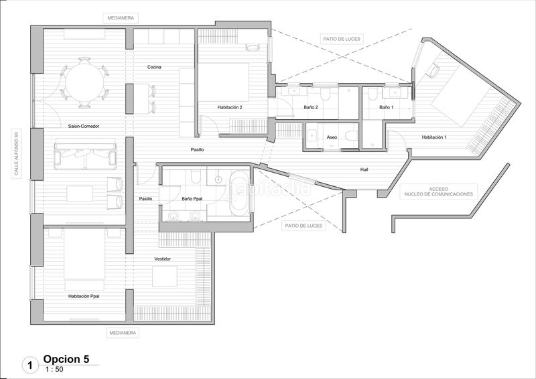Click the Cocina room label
pyautogui.click(x=154, y=67)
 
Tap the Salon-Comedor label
pyautogui.click(x=84, y=125)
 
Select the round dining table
pyautogui.click(x=84, y=83)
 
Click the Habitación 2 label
pyautogui.click(x=229, y=107)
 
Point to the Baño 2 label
pyautogui.click(x=312, y=107)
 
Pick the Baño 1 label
pyautogui.click(x=387, y=107)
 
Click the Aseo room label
pyautogui.click(x=332, y=137)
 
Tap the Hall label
pyautogui.click(x=364, y=169)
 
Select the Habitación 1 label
pyautogui.click(x=434, y=137)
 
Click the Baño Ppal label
pyautogui.click(x=192, y=199)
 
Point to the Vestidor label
pyautogui.click(x=163, y=258)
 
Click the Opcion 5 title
pyautogui.click(x=66, y=359)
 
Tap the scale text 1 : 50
pyautogui.click(x=55, y=370)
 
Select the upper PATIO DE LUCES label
pyautogui.click(x=341, y=40)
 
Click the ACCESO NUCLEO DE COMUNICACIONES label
pyautogui.click(x=439, y=192)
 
